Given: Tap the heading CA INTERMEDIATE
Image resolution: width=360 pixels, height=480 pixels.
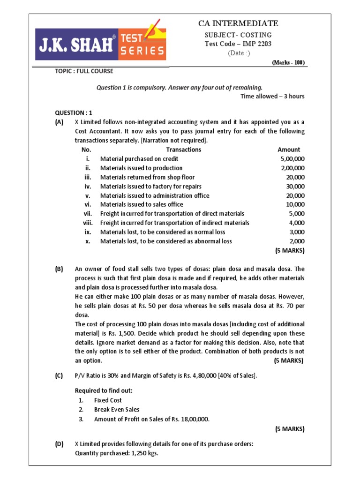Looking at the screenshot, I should pyautogui.click(x=239, y=23).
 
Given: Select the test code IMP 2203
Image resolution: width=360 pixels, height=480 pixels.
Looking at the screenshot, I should pyautogui.click(x=238, y=44).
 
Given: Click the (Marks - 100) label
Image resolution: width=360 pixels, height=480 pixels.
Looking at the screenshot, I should pyautogui.click(x=288, y=62).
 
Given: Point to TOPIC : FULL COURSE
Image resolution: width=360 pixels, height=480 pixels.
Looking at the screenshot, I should pyautogui.click(x=84, y=71).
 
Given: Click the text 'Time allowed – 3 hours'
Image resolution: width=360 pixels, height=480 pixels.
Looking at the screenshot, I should pyautogui.click(x=272, y=96).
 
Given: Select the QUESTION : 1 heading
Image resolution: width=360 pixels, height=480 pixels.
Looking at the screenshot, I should pyautogui.click(x=74, y=112).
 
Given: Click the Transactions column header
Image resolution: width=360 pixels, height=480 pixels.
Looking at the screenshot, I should pyautogui.click(x=183, y=150).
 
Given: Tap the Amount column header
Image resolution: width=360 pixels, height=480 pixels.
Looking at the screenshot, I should pyautogui.click(x=289, y=150).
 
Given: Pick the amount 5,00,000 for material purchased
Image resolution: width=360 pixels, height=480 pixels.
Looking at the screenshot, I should pyautogui.click(x=292, y=159).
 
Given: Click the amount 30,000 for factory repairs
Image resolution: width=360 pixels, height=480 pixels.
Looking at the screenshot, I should pyautogui.click(x=295, y=186).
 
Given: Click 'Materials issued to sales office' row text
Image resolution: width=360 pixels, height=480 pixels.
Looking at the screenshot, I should pyautogui.click(x=142, y=204).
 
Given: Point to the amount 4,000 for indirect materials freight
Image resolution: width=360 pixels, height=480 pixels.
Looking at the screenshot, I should pyautogui.click(x=296, y=223).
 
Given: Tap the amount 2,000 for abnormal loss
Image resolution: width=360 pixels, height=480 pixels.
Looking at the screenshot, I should pyautogui.click(x=296, y=241).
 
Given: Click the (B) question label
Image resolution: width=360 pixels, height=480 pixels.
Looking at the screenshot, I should pyautogui.click(x=59, y=269).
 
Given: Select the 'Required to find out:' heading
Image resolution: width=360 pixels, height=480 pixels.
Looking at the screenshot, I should pyautogui.click(x=104, y=390).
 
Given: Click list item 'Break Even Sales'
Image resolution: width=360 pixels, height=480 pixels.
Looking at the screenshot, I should pyautogui.click(x=116, y=409).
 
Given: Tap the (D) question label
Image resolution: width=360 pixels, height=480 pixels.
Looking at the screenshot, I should pyautogui.click(x=59, y=444).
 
